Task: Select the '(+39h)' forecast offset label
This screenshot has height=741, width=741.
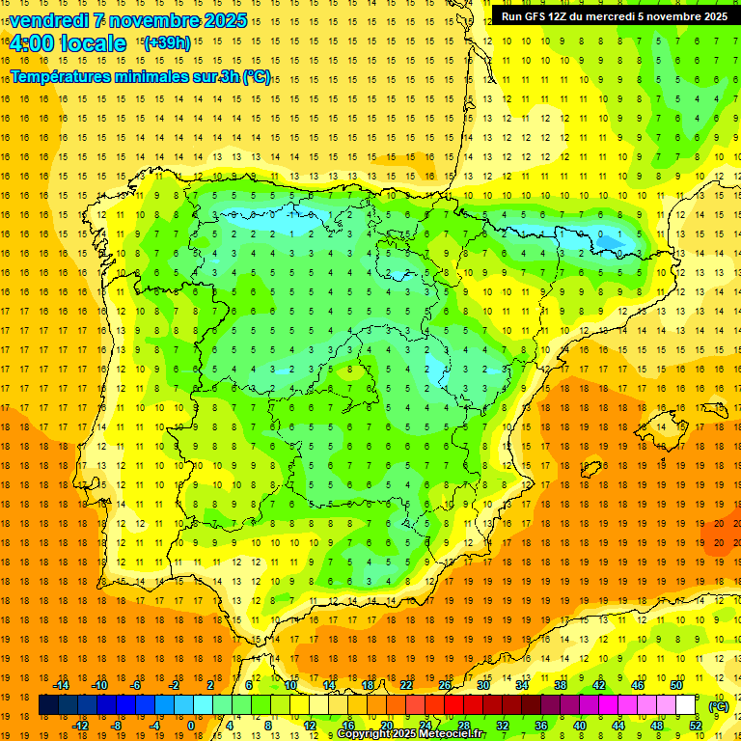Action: [167, 43]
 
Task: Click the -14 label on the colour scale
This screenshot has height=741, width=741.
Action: [61, 685]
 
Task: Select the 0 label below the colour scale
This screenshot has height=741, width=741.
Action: [191, 726]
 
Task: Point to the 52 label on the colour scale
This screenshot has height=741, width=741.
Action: [695, 726]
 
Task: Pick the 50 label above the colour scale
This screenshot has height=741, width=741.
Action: [675, 685]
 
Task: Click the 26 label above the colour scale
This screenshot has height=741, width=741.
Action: [445, 685]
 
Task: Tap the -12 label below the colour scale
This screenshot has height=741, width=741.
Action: [80, 726]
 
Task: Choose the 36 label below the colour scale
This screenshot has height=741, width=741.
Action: [541, 726]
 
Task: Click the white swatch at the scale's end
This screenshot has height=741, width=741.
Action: [685, 705]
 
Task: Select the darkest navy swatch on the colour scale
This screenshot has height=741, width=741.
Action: [48, 705]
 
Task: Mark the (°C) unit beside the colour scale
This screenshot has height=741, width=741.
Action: [718, 706]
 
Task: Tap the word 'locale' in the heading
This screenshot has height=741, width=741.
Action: [92, 43]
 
